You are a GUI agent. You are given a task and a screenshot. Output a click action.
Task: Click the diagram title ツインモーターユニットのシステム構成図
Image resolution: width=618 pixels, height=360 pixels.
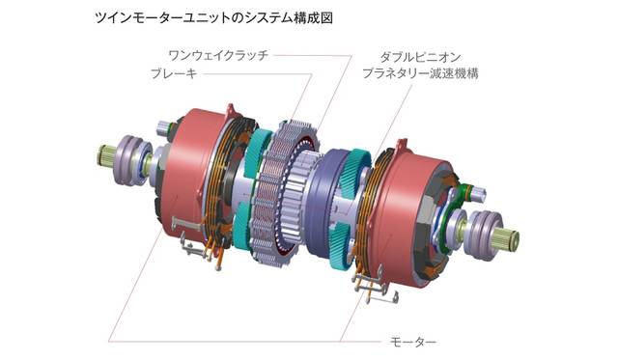click(x=213, y=18)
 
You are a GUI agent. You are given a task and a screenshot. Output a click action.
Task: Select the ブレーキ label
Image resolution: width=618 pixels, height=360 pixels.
click(x=174, y=73)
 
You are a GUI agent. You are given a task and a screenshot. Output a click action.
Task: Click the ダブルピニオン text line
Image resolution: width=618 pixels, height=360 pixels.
click(x=420, y=58)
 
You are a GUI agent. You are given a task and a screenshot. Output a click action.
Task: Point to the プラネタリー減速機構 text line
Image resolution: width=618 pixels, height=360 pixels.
click(x=420, y=73)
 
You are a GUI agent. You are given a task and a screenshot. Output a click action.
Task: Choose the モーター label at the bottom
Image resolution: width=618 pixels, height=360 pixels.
click(x=413, y=341)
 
